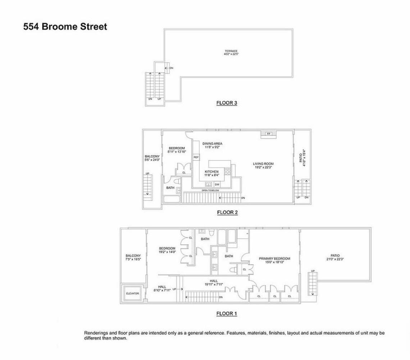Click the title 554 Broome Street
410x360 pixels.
65,27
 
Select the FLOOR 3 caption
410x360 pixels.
227,103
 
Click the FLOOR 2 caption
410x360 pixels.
227,212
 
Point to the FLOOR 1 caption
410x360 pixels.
227,314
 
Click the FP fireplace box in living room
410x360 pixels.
268,134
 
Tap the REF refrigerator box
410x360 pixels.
196,157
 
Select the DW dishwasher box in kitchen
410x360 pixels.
217,184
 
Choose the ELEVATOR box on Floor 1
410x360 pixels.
132,293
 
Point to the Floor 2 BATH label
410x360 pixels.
170,188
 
